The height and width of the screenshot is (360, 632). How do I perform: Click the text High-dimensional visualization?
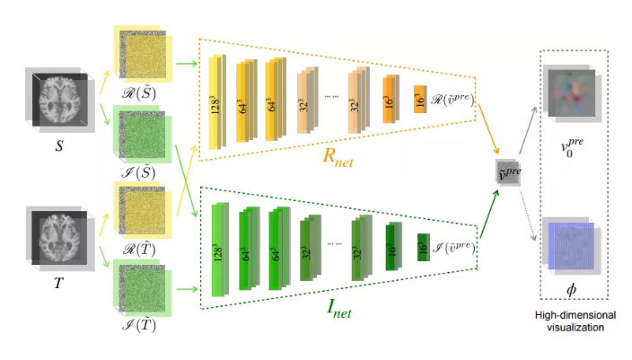575,320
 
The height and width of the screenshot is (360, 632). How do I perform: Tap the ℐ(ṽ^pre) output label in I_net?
455,243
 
